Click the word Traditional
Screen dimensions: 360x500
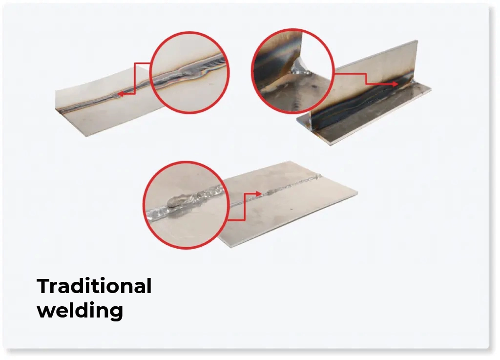(x=94, y=286)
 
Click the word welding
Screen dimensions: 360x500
(x=80, y=310)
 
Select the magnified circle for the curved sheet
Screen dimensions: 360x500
(x=189, y=72)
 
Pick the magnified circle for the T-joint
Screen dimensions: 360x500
(x=292, y=71)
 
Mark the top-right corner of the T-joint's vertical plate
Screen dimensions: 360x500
(x=417, y=42)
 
